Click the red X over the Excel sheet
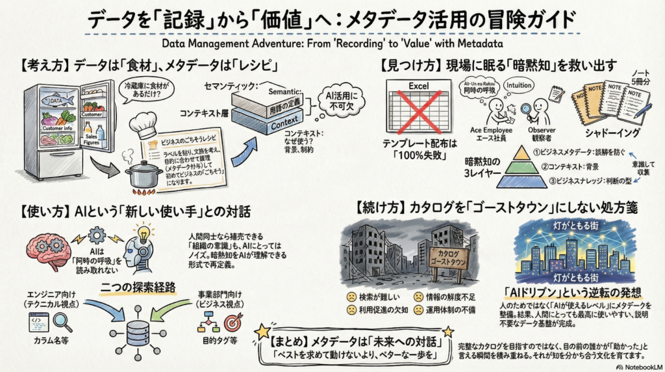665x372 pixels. coord(416,112)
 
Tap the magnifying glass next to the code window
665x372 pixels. coord(62,321)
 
